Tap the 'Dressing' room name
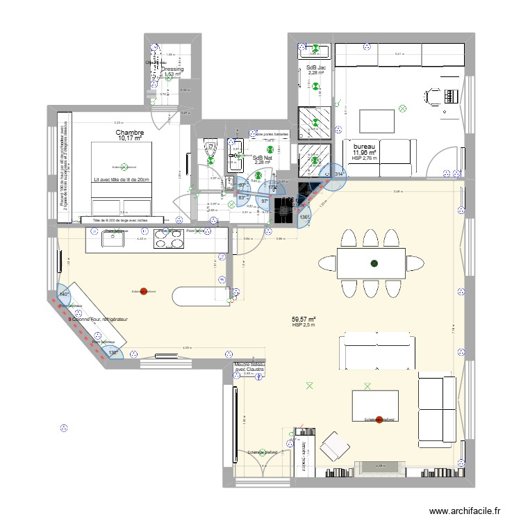(x=172, y=69)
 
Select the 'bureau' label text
(x=364, y=147)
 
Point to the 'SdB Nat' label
(x=262, y=158)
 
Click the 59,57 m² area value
(x=304, y=319)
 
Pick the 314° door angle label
(x=339, y=174)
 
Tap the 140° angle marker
(x=64, y=295)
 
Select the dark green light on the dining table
(x=374, y=263)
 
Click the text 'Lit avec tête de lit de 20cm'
(x=122, y=180)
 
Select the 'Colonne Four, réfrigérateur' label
(x=97, y=320)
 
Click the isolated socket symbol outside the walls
(x=65, y=429)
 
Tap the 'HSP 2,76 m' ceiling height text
(x=365, y=158)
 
